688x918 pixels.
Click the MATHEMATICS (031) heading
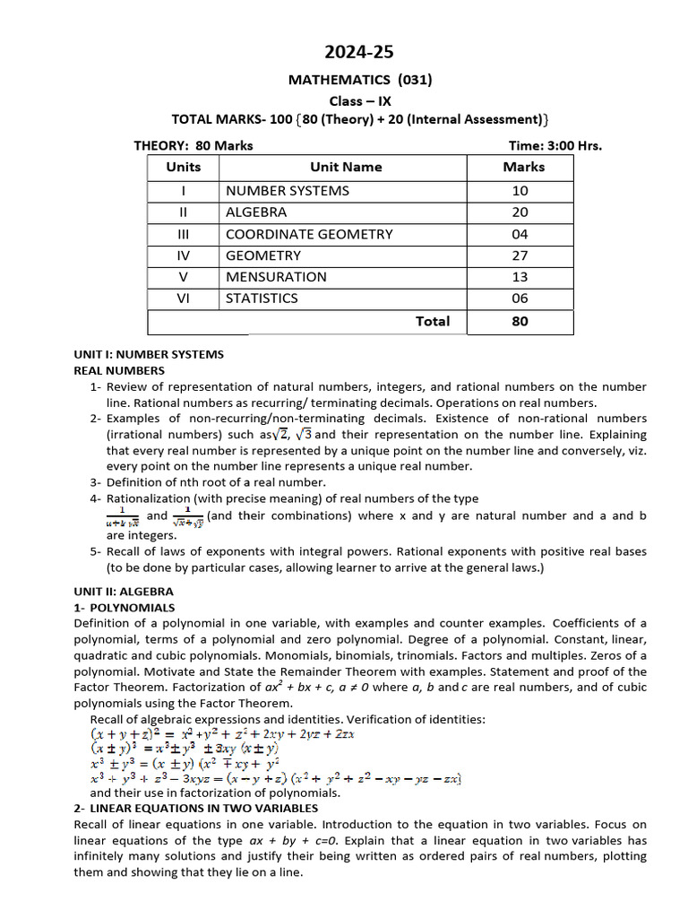(359, 80)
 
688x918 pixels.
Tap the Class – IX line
(359, 100)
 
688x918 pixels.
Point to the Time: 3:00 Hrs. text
(555, 145)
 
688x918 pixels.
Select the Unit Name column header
(346, 167)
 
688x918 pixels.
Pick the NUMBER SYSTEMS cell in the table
(288, 190)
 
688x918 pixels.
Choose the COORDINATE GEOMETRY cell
(309, 234)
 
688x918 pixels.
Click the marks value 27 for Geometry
(520, 255)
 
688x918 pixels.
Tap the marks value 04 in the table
(520, 234)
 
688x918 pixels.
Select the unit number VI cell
(183, 299)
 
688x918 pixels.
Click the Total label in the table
(433, 321)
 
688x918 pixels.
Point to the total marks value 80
(520, 321)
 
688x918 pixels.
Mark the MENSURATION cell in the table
(276, 277)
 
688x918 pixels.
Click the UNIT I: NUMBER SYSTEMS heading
(149, 354)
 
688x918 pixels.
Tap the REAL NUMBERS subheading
(119, 370)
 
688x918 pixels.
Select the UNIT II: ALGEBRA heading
(124, 592)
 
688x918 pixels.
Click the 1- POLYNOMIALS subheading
(125, 608)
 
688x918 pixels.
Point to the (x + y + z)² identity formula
(222, 733)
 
